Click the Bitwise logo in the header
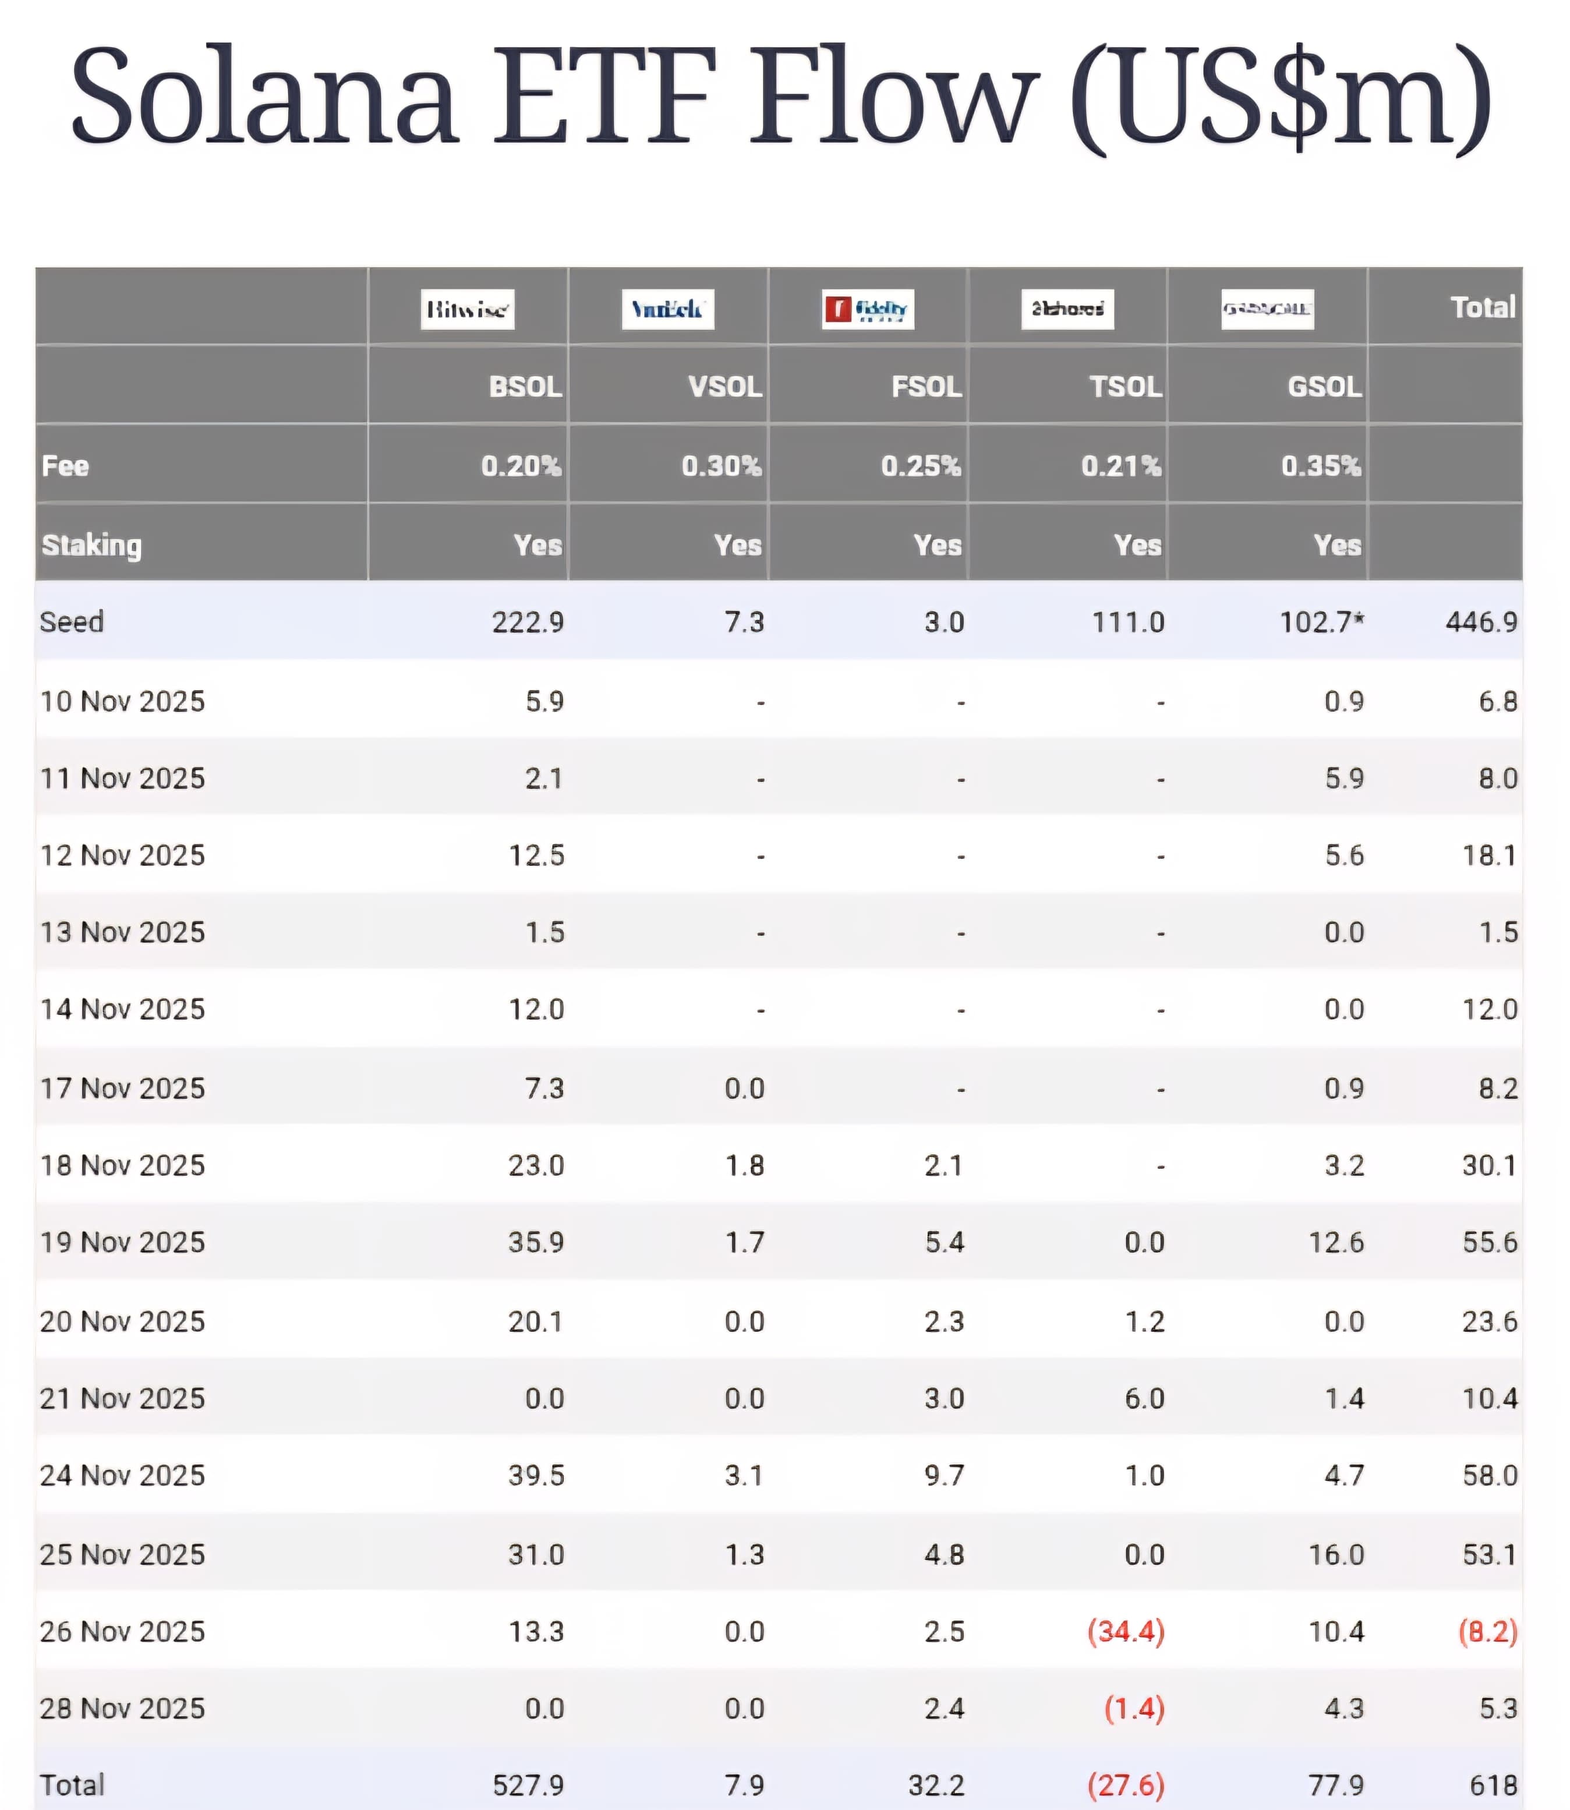[467, 309]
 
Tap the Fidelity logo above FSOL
[867, 309]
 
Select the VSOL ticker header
[724, 386]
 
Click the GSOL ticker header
[1324, 386]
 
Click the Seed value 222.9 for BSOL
[528, 622]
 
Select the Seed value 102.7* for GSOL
[1321, 622]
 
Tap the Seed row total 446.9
[1481, 622]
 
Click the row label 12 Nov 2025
[123, 855]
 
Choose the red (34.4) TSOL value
[1126, 1631]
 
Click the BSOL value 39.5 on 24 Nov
[536, 1475]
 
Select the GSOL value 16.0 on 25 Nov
[1336, 1554]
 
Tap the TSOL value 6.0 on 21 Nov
[1144, 1398]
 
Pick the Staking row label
[92, 545]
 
